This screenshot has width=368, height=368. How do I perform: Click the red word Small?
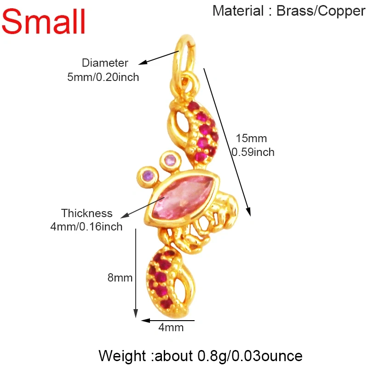pyautogui.click(x=43, y=21)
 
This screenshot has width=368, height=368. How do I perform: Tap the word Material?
pyautogui.click(x=238, y=11)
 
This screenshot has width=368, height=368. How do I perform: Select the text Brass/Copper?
pyautogui.click(x=321, y=11)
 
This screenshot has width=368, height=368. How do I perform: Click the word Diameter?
pyautogui.click(x=105, y=63)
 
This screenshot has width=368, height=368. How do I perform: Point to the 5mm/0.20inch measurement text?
pyautogui.click(x=103, y=77)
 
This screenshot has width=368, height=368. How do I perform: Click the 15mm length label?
pyautogui.click(x=251, y=138)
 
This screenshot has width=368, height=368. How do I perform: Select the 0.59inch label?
pyautogui.click(x=253, y=152)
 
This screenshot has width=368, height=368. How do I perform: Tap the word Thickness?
pyautogui.click(x=87, y=213)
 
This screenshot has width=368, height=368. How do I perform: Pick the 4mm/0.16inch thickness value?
pyautogui.click(x=86, y=227)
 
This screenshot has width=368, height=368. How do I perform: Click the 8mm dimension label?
pyautogui.click(x=120, y=278)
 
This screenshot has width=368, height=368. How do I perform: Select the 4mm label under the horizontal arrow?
pyautogui.click(x=171, y=328)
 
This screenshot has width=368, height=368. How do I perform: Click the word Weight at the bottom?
pyautogui.click(x=122, y=356)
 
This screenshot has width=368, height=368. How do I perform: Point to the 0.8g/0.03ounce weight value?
pyautogui.click(x=250, y=356)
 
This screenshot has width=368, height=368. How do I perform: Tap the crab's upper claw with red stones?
pyautogui.click(x=194, y=132)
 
